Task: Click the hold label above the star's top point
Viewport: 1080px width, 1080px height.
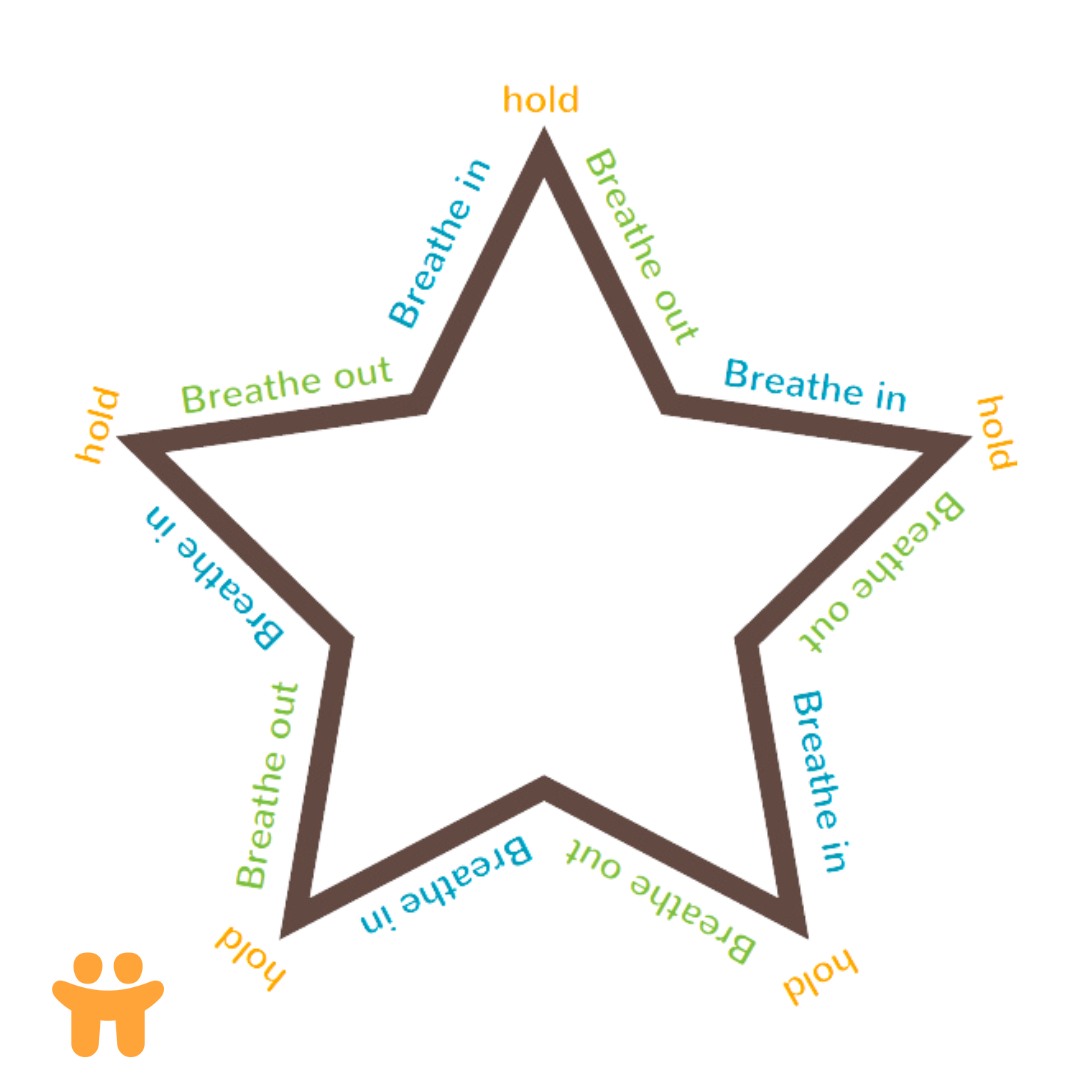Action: [x=541, y=100]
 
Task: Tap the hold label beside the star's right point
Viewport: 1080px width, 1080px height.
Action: [x=996, y=431]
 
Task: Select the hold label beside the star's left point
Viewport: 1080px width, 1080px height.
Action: [x=97, y=426]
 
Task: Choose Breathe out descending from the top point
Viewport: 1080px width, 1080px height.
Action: [x=639, y=246]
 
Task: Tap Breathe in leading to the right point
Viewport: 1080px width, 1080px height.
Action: [x=815, y=385]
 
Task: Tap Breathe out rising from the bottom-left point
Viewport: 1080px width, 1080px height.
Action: [x=266, y=784]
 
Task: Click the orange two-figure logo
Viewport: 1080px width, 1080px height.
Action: [x=108, y=1002]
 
